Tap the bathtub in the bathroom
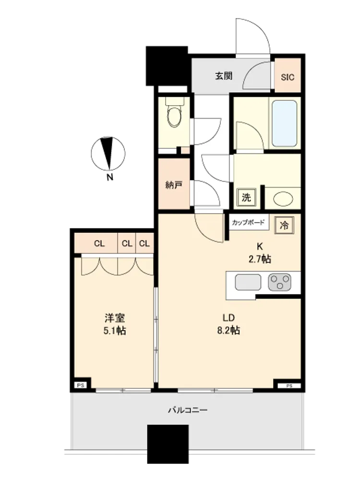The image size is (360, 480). (x=284, y=123)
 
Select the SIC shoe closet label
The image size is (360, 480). (x=288, y=77)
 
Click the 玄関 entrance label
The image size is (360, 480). (x=224, y=76)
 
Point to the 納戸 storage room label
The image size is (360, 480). (x=174, y=185)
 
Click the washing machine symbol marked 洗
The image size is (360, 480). (x=246, y=197)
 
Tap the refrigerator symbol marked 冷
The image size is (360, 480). (x=284, y=225)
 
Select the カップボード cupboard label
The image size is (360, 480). (x=248, y=223)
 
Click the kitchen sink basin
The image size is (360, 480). (x=248, y=282)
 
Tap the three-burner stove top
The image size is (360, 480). (x=279, y=282)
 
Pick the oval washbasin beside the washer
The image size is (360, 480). (x=283, y=199)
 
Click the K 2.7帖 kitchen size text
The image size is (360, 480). (x=260, y=253)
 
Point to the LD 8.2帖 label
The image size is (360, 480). (x=228, y=324)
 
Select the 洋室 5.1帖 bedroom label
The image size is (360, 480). (x=115, y=324)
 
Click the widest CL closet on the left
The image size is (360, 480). (x=99, y=244)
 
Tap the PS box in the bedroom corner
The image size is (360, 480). (x=81, y=385)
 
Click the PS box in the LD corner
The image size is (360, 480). (x=289, y=386)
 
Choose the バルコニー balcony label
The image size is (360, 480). (x=188, y=410)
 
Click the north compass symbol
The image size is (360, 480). (x=108, y=154)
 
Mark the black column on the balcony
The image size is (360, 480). (x=168, y=444)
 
